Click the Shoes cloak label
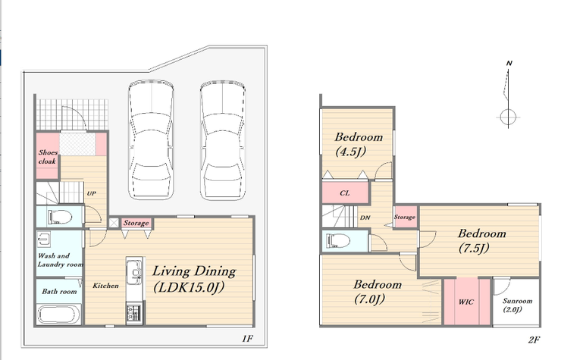coord(48,157)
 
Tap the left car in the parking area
coord(151,139)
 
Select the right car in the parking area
coord(223,139)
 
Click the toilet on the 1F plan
coord(59,217)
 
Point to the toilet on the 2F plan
coord(338,240)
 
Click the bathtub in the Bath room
coord(58,315)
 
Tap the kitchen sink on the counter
coord(134,270)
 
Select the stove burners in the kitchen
coord(134,312)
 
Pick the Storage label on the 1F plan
coord(136,223)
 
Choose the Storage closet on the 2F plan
coord(406,217)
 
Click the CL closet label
coord(344,193)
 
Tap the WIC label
coord(465,302)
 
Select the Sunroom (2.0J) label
coord(517,305)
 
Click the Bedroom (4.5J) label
coord(359,145)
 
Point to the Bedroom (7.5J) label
coord(481,241)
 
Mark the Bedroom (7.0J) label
coord(378,292)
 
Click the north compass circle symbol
coord(508,117)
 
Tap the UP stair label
coord(92,193)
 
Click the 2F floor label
coord(534,340)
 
